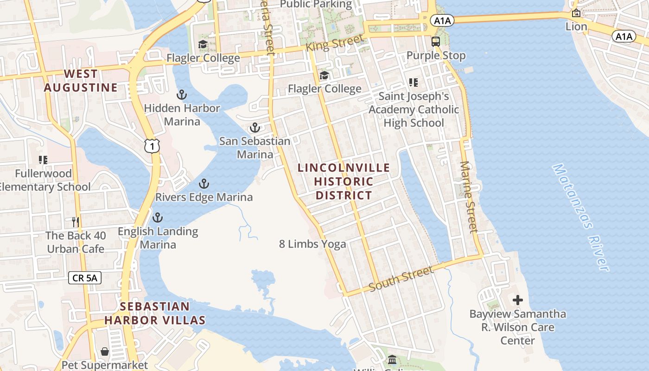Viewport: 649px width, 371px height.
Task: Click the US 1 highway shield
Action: [x=152, y=146]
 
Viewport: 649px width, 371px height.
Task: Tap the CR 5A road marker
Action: [x=85, y=278]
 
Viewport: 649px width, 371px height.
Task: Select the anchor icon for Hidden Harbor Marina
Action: [x=182, y=95]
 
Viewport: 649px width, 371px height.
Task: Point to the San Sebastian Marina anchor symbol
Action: [x=255, y=128]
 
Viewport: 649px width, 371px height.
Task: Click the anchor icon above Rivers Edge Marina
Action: [x=204, y=184]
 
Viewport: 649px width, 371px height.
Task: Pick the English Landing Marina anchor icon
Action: [x=158, y=217]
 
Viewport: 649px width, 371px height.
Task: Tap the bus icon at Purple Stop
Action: [x=436, y=42]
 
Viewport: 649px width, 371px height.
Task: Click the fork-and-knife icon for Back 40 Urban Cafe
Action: [x=76, y=222]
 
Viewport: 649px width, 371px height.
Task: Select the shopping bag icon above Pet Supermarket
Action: [x=105, y=352]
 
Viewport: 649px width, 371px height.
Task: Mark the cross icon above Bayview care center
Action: [x=518, y=301]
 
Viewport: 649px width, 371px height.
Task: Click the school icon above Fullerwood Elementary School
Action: [x=43, y=160]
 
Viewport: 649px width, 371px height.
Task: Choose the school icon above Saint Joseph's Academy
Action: [x=414, y=83]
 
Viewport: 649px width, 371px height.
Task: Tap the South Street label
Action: [x=401, y=278]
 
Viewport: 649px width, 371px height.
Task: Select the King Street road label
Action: [x=335, y=43]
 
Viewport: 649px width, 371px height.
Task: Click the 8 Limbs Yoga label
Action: [x=312, y=244]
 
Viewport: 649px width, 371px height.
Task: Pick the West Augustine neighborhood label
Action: [x=81, y=81]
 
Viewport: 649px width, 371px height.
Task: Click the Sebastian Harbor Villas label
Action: [x=155, y=313]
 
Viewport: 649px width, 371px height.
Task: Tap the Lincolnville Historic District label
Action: [x=344, y=181]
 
